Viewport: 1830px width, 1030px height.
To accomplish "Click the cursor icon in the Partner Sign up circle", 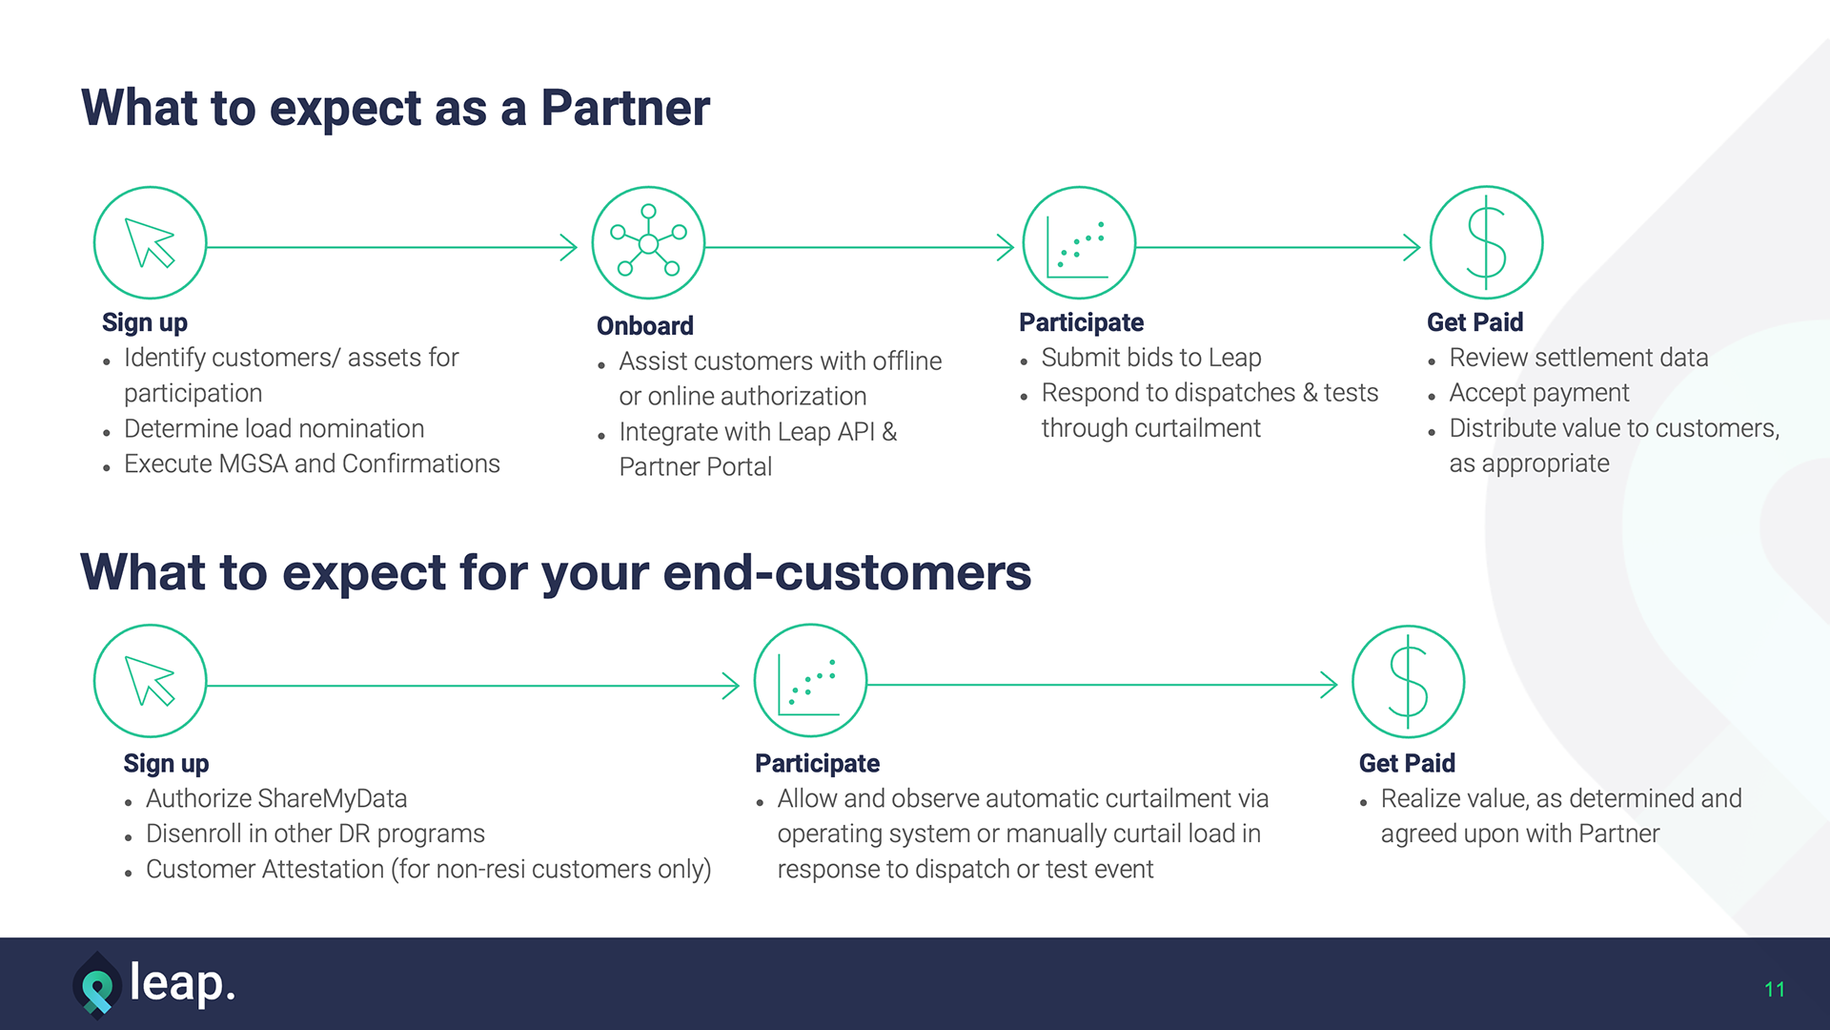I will pyautogui.click(x=150, y=243).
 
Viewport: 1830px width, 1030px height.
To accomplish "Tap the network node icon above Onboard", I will pyautogui.click(x=648, y=243).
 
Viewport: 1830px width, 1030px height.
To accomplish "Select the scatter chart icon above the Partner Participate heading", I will pyautogui.click(x=1078, y=243).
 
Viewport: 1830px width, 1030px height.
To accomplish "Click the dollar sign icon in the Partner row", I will pyautogui.click(x=1486, y=243).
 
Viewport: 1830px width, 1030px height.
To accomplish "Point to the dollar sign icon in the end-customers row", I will pyautogui.click(x=1408, y=681).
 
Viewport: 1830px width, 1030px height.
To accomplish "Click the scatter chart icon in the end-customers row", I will pyautogui.click(x=810, y=681).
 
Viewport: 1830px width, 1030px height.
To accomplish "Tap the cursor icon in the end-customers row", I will pyautogui.click(x=150, y=681).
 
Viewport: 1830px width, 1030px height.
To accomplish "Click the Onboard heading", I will pyautogui.click(x=644, y=326).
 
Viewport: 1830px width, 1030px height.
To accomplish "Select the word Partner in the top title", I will pyautogui.click(x=625, y=108).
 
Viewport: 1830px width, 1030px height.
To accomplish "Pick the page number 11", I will pyautogui.click(x=1774, y=990).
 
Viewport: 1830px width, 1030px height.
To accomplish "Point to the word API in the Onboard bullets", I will pyautogui.click(x=856, y=432).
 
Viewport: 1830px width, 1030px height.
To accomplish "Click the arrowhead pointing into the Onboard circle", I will pyautogui.click(x=569, y=248).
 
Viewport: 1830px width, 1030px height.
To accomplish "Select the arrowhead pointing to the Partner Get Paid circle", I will pyautogui.click(x=1413, y=248).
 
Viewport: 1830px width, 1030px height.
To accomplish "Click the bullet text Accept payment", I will pyautogui.click(x=1538, y=393).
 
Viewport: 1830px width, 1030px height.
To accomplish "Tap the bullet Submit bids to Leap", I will pyautogui.click(x=1150, y=358).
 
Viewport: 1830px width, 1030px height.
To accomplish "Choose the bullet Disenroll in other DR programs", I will pyautogui.click(x=315, y=834).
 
